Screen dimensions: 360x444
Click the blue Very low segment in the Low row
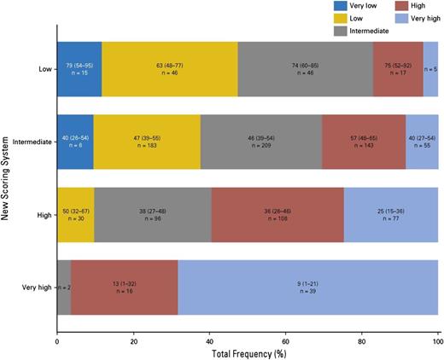pyautogui.click(x=79, y=69)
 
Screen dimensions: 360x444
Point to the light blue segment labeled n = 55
pyautogui.click(x=422, y=142)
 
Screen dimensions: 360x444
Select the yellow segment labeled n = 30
pyautogui.click(x=75, y=214)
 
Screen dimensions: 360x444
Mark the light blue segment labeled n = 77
pyautogui.click(x=391, y=214)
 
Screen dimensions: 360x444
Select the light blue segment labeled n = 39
pyautogui.click(x=308, y=287)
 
